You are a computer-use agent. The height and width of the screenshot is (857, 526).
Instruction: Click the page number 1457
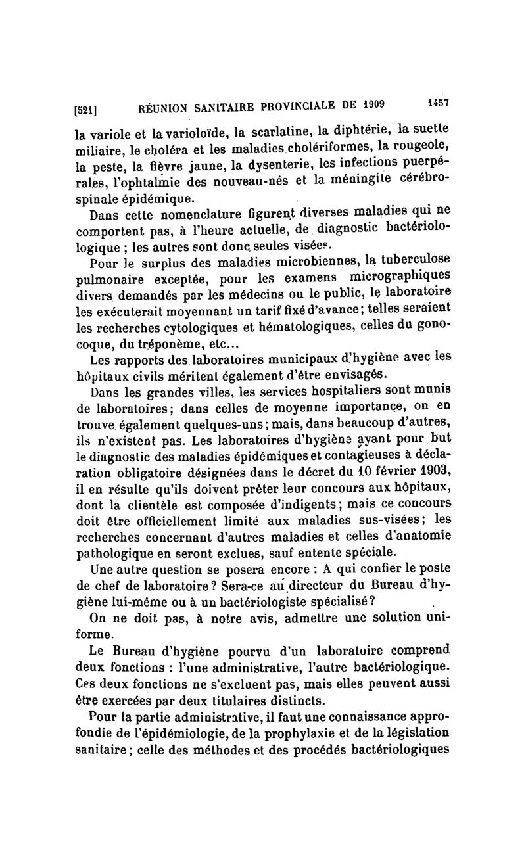(437, 102)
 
